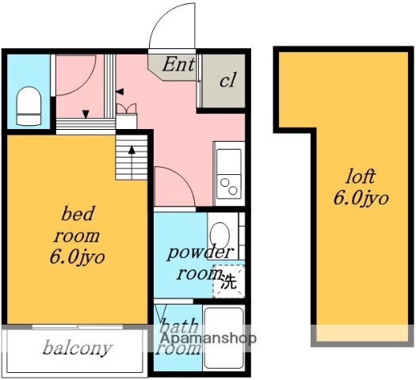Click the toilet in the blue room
pos(29,106)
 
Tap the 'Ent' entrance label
pos(178,64)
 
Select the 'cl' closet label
pos(227,80)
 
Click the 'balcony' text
pos(78,348)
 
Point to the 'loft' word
pos(361,177)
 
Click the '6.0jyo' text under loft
pos(361,198)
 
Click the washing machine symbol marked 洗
pos(229,281)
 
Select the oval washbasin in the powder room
pos(219,234)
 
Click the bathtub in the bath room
pos(224,338)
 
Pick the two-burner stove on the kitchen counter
pos(229,187)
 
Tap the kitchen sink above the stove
pos(229,161)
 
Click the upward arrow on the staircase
pos(132,162)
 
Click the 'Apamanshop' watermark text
pos(208,338)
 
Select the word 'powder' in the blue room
pos(200,253)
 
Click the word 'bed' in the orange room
pos(77,214)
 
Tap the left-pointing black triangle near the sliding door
pos(120,92)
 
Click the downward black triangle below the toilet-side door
pos(86,115)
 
